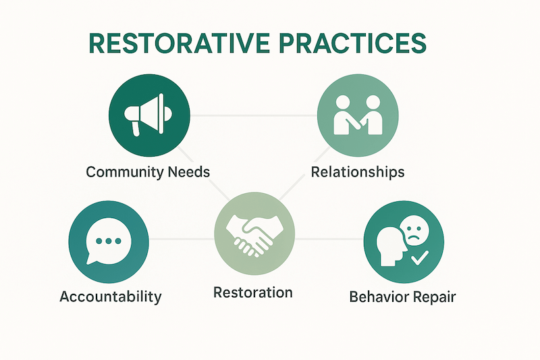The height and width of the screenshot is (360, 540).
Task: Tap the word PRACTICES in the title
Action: pos(358,43)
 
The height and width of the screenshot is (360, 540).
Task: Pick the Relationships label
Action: pos(357,172)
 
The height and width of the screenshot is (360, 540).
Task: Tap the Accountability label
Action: pos(110,297)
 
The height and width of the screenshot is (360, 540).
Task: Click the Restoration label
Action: pos(253,293)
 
